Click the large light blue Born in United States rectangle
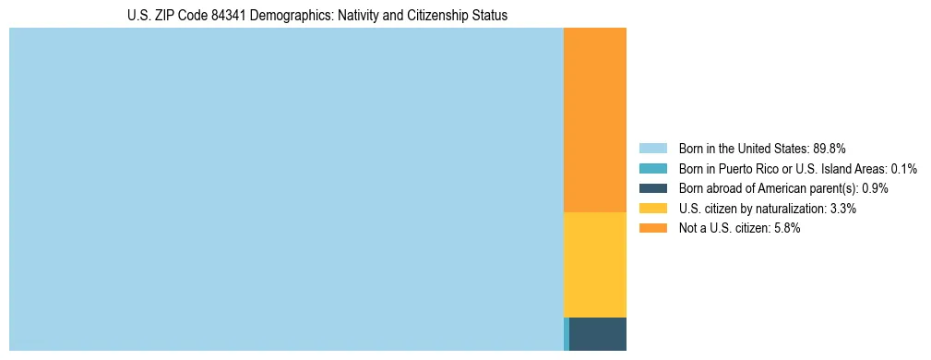tap(286, 189)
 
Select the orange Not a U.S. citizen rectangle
tap(594, 120)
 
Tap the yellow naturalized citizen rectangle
tap(594, 264)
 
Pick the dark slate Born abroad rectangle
tap(598, 333)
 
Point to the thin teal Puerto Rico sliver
tap(566, 333)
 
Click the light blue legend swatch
tap(652, 149)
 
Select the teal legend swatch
tap(652, 169)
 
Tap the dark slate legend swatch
tap(652, 188)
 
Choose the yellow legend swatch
tap(652, 209)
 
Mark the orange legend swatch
tap(652, 228)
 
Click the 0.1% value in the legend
tap(903, 169)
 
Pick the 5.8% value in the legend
tap(785, 228)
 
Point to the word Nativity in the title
tap(360, 16)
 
